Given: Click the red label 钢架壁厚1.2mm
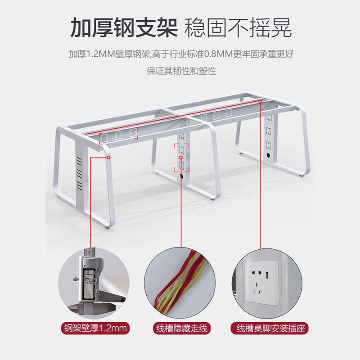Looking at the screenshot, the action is click(95, 328).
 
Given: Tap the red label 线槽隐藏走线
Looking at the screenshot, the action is click(182, 328).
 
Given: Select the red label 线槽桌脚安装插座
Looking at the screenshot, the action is click(270, 328).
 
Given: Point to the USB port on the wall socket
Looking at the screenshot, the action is click(267, 274).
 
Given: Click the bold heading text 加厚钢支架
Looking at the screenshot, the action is click(124, 27).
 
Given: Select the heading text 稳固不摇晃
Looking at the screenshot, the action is click(238, 27).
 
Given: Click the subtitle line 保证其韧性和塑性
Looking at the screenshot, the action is click(181, 71).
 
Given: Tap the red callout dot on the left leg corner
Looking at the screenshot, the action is click(108, 157).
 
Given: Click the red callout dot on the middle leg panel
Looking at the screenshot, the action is click(181, 157).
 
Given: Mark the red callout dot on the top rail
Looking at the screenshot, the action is click(260, 101).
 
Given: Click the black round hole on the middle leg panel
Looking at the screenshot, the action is click(182, 176).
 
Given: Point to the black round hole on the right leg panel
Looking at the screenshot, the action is click(268, 155).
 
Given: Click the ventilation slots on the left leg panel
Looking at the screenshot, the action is click(79, 173).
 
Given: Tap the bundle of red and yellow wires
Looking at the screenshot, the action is click(181, 280).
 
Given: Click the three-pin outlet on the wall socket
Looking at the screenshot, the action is click(256, 289).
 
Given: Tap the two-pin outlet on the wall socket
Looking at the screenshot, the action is click(256, 274).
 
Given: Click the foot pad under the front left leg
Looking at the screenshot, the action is click(108, 228).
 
